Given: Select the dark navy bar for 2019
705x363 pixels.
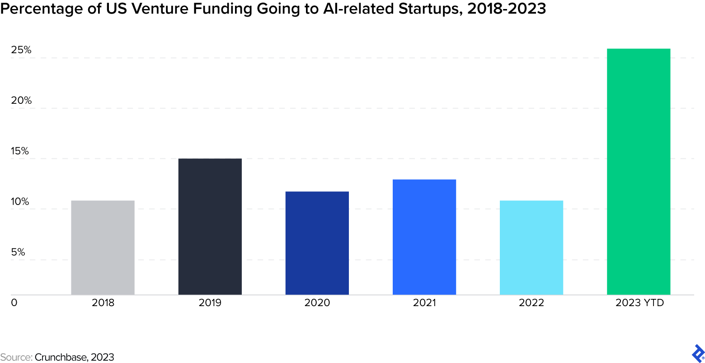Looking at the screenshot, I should coord(210,227).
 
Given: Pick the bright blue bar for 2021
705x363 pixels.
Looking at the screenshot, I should coord(424,237).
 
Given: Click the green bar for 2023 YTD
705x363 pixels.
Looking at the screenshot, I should coord(638,172).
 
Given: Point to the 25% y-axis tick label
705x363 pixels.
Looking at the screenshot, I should coord(21,50).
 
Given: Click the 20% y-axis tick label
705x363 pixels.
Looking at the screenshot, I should coord(21,101).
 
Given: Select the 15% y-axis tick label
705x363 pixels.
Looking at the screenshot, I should coord(20,151).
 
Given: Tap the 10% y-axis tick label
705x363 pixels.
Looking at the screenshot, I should coord(20,202).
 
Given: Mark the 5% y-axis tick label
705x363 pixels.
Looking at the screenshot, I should coord(18,252).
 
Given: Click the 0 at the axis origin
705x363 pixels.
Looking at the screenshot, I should coord(14,302).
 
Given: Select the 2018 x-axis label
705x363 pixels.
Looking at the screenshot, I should coord(103,302).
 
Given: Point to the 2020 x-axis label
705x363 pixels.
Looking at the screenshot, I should coord(317,302).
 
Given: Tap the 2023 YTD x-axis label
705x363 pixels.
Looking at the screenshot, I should coord(639,302).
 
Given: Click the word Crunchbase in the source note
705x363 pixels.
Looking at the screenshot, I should coord(61,357).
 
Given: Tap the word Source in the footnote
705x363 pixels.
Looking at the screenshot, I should coord(15,357).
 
